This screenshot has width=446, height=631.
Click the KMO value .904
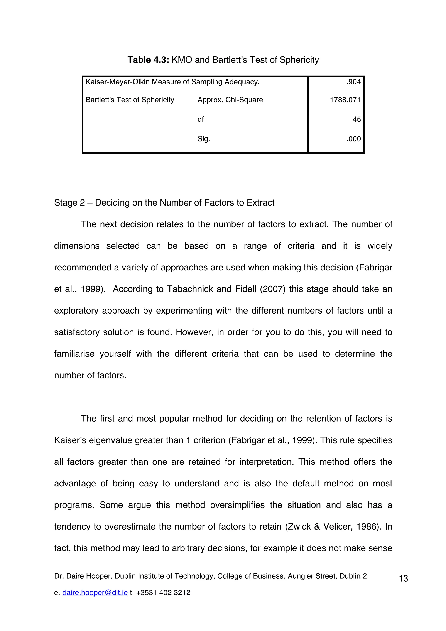click(x=353, y=82)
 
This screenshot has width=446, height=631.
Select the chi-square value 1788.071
click(x=345, y=100)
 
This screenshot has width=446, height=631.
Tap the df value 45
click(x=356, y=119)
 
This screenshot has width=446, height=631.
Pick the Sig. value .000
click(x=353, y=139)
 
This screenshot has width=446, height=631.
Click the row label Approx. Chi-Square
click(x=230, y=100)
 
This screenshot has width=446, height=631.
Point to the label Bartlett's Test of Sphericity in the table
click(x=130, y=100)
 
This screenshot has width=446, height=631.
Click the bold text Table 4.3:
click(x=148, y=60)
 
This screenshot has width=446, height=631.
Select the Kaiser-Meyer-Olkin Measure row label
click(x=172, y=82)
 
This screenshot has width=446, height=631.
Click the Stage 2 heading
click(x=164, y=202)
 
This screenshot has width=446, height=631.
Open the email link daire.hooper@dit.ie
click(x=95, y=592)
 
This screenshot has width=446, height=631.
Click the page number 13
click(x=403, y=579)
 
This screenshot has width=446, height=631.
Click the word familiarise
click(x=74, y=354)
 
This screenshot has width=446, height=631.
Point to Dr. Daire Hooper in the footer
click(x=83, y=576)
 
